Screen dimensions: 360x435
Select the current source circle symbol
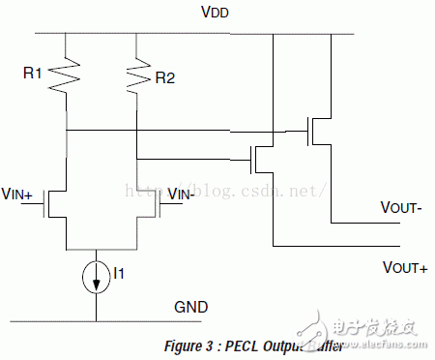point(97,276)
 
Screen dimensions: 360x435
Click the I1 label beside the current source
point(119,275)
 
